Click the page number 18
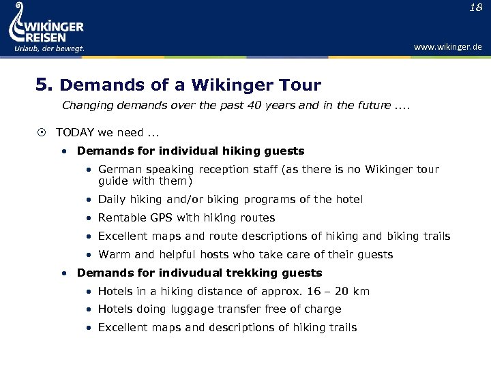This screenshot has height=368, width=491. pyautogui.click(x=475, y=7)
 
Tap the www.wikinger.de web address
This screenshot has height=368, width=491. pyautogui.click(x=447, y=47)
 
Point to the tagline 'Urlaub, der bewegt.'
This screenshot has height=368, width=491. pyautogui.click(x=49, y=48)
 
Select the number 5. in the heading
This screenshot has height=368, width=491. pyautogui.click(x=44, y=85)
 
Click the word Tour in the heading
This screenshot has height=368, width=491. pyautogui.click(x=300, y=85)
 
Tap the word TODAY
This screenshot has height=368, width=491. pyautogui.click(x=75, y=132)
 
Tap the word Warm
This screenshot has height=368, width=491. pyautogui.click(x=115, y=254)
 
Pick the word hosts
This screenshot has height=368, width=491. pyautogui.click(x=215, y=254)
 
